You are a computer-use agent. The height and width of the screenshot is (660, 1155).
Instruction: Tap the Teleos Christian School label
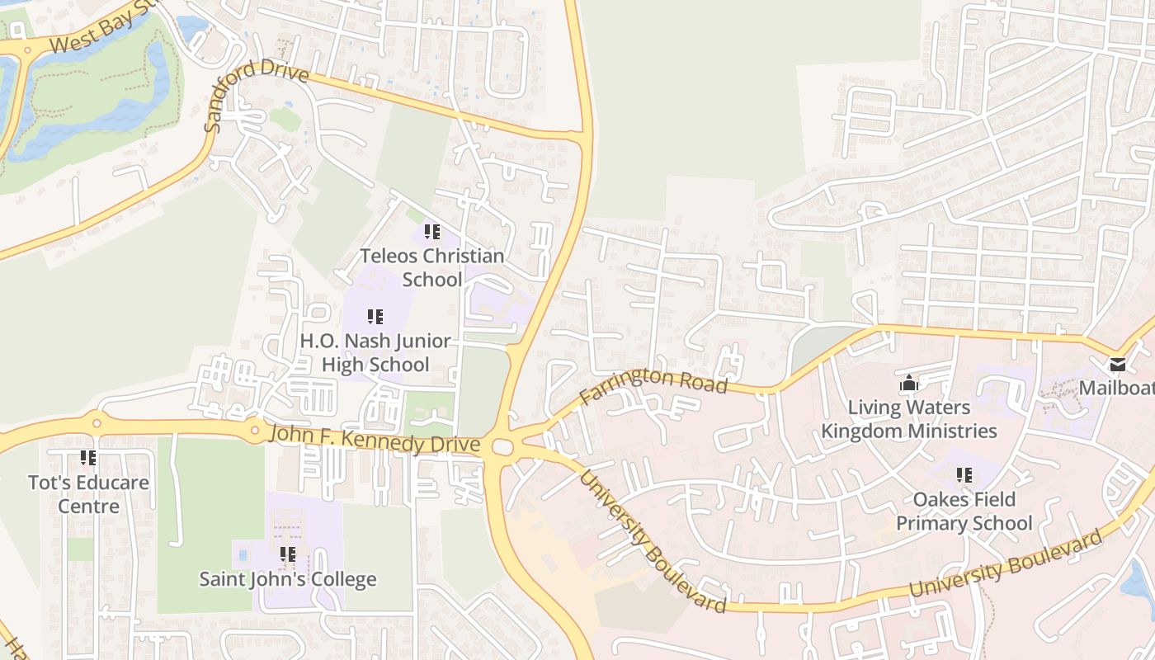431,267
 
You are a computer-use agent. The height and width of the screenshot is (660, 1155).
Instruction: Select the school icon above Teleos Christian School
431,232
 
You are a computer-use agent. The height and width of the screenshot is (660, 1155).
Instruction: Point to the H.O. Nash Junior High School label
375,352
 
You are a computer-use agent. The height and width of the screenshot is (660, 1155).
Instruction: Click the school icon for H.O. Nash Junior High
375,316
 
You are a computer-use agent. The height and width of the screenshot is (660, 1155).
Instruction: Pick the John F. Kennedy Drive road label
375,439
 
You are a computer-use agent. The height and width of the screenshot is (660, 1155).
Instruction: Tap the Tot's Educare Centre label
88,493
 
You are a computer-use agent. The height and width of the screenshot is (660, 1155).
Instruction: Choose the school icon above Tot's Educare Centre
88,457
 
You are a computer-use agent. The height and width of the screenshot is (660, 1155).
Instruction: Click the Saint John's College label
288,579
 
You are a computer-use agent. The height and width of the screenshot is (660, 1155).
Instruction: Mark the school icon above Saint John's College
287,554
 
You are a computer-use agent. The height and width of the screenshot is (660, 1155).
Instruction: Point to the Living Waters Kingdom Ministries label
909,419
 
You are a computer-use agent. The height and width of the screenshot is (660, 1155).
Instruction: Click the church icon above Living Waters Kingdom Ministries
909,383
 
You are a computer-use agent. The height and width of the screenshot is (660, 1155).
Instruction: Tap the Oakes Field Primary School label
964,511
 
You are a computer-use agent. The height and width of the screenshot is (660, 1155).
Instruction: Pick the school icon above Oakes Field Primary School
964,474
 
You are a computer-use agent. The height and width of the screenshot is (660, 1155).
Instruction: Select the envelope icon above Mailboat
1117,364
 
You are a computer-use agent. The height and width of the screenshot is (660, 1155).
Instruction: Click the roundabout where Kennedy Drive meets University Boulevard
502,447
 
